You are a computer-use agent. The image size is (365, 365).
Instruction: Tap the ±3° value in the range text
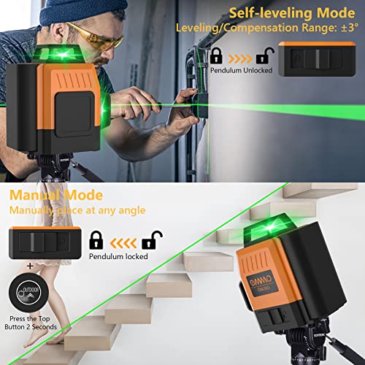pyautogui.click(x=346, y=29)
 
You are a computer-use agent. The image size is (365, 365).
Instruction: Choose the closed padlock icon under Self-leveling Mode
pyautogui.click(x=217, y=55)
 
